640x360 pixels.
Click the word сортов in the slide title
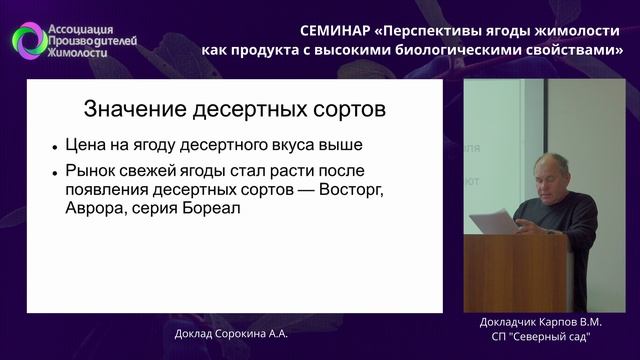pyautogui.click(x=344, y=108)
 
